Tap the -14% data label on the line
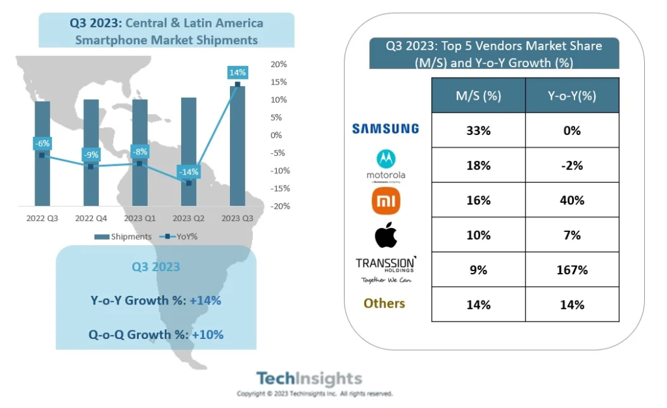(189, 171)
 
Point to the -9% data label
(91, 155)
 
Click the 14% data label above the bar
(237, 72)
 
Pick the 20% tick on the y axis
(279, 65)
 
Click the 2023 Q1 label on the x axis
(140, 218)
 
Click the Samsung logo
(386, 129)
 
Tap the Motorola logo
(386, 166)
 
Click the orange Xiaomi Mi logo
(386, 201)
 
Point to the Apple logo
(386, 235)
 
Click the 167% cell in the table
(571, 270)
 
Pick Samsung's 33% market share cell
(478, 130)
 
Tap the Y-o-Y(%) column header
(571, 95)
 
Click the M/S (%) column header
(478, 95)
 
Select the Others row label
(384, 304)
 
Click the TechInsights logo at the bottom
(309, 379)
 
